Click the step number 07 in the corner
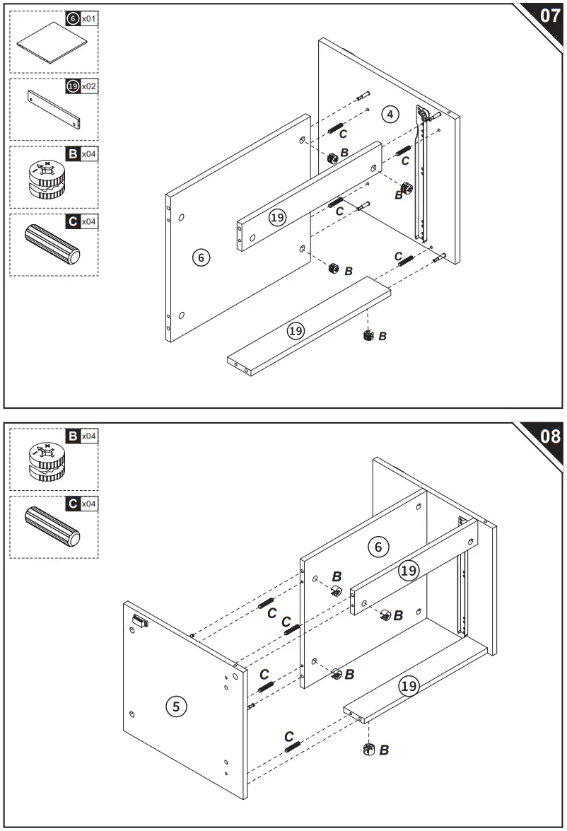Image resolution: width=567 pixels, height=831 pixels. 549,16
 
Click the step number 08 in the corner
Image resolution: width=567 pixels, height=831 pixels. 549,436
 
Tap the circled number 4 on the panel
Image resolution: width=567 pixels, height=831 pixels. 390,113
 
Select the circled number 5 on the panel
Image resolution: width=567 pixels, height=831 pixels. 176,705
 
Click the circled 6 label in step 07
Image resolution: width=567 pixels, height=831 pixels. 201,257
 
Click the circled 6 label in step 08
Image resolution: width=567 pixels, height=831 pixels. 378,546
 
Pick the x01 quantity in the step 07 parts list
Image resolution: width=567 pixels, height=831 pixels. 88,18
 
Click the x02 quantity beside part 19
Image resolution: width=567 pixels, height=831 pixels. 88,86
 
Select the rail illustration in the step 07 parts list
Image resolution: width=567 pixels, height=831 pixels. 54,109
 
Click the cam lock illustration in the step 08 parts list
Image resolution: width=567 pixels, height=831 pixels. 45,463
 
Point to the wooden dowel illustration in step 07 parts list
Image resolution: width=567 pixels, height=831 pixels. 53,245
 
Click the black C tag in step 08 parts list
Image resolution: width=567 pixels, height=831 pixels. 72,504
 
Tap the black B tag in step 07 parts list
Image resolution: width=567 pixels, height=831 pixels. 72,153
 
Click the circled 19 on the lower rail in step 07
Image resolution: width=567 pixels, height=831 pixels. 296,330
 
